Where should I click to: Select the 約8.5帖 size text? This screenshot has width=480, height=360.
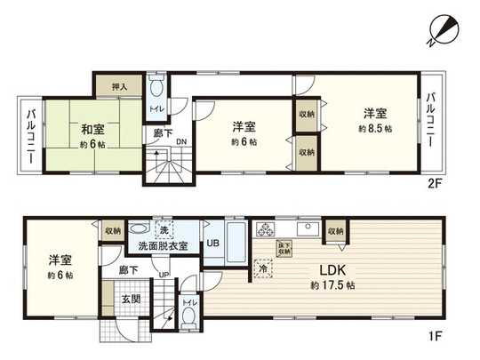pos(374,129)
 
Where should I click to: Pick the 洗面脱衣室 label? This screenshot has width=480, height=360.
pos(157,245)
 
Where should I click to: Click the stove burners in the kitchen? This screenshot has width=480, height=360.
pos(266,230)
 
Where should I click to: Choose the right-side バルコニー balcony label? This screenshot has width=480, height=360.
pos(430,121)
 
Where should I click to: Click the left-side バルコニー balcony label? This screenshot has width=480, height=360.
pos(30,140)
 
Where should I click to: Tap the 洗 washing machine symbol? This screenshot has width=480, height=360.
pos(141,228)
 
